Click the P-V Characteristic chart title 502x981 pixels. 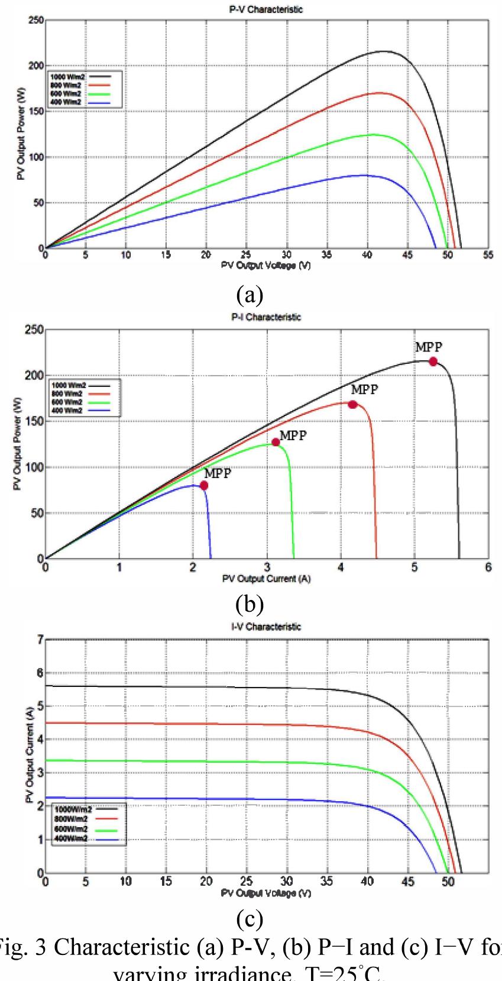[x=265, y=9]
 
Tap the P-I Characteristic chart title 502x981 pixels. [x=265, y=317]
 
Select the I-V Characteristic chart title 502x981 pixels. [x=265, y=627]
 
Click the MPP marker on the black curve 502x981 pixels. [x=433, y=362]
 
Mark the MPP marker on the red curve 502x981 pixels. [x=352, y=404]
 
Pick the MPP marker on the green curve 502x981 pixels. [x=276, y=442]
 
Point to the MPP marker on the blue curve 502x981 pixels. [x=204, y=485]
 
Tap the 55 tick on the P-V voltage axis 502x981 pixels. [x=488, y=256]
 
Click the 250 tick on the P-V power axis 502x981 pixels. [x=36, y=21]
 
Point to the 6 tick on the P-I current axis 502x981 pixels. [x=488, y=567]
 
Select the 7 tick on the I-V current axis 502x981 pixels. [x=40, y=640]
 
